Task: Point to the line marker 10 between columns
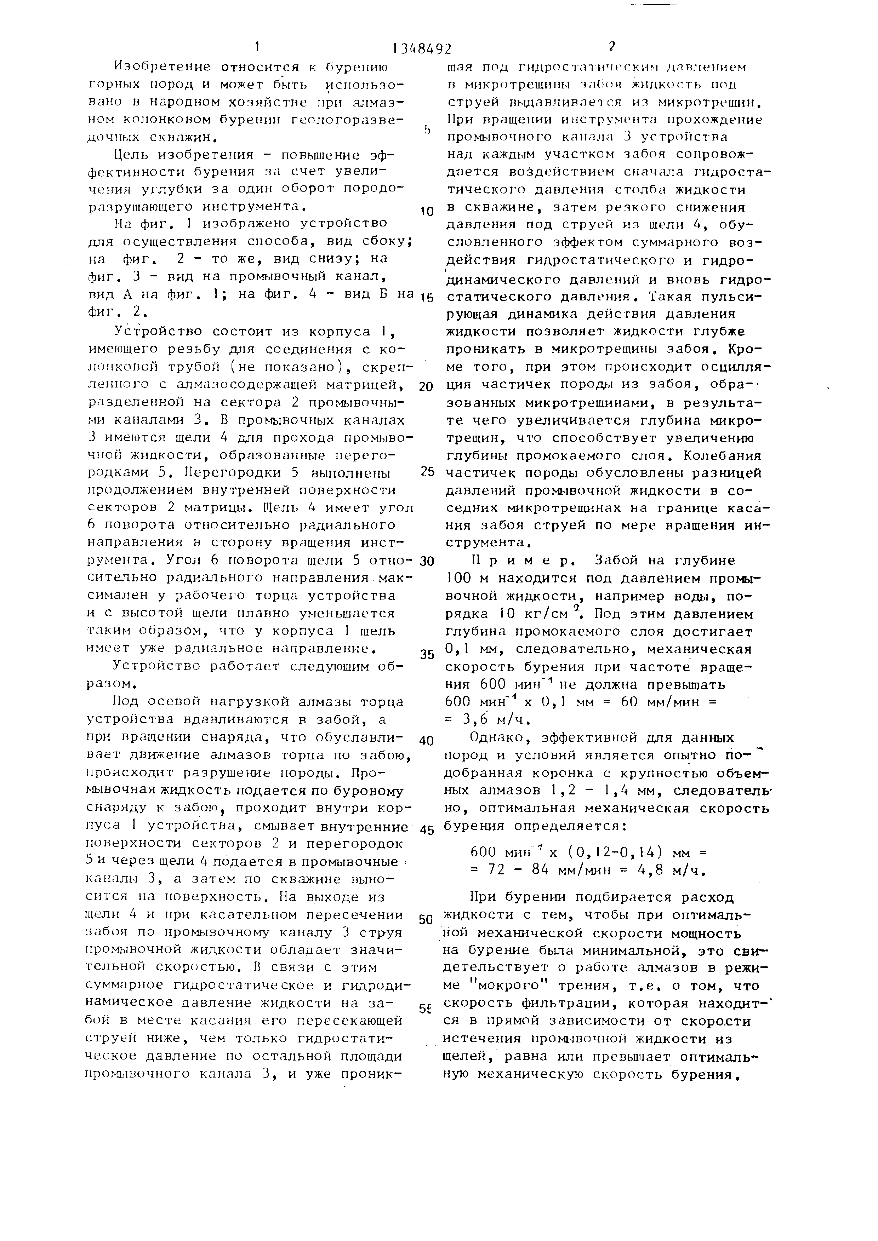pos(427,211)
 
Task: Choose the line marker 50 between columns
pos(427,919)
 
